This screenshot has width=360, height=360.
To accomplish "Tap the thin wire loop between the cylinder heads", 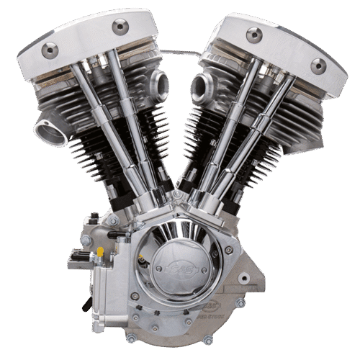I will [180, 52].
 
